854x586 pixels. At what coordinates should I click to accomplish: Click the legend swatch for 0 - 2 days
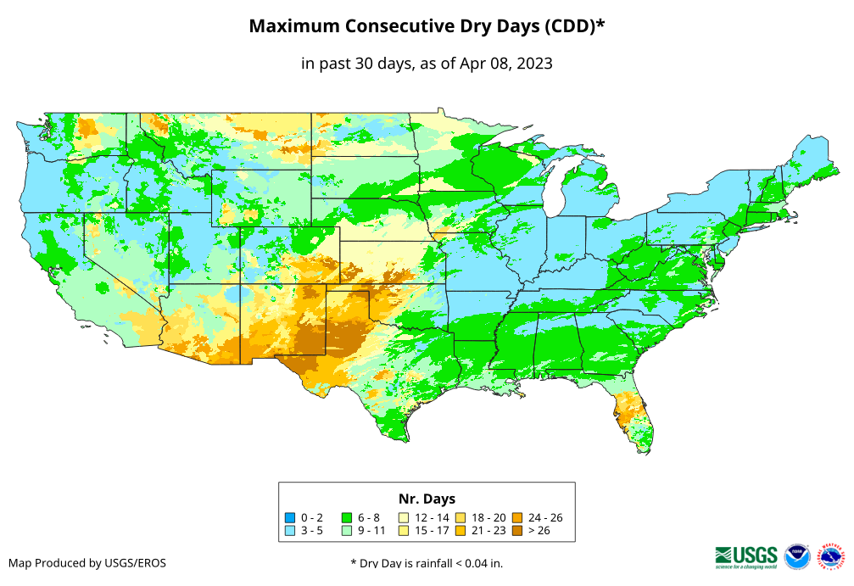point(291,517)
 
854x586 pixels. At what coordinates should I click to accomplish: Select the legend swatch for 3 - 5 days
point(291,531)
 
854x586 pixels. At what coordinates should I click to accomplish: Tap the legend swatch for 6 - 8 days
point(347,517)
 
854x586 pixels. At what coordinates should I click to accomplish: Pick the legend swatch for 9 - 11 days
point(347,531)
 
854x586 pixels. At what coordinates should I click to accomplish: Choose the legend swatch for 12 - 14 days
point(404,517)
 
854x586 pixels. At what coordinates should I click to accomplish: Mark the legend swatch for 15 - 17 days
point(404,531)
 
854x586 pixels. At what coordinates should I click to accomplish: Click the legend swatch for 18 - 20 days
point(460,517)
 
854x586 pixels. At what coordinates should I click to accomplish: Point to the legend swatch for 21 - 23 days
point(460,531)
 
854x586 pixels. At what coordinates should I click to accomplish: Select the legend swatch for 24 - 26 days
point(516,517)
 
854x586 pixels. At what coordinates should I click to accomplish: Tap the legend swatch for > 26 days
point(516,531)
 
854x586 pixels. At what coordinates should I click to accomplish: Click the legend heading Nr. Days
point(427,499)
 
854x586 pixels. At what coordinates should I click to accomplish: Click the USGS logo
point(746,555)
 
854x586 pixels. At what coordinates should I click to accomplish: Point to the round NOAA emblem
point(797,556)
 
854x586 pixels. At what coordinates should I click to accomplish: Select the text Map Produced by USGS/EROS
point(87,563)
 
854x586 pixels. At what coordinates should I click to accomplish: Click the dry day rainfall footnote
point(427,563)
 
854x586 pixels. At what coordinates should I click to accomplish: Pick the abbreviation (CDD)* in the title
point(573,26)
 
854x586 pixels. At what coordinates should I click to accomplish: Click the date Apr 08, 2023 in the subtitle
point(506,63)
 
